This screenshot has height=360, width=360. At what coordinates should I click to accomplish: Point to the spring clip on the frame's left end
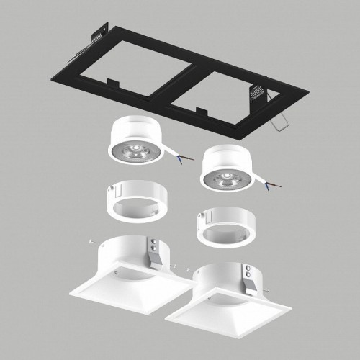click(x=98, y=36)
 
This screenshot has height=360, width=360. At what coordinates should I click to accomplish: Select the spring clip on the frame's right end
click(x=258, y=92)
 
